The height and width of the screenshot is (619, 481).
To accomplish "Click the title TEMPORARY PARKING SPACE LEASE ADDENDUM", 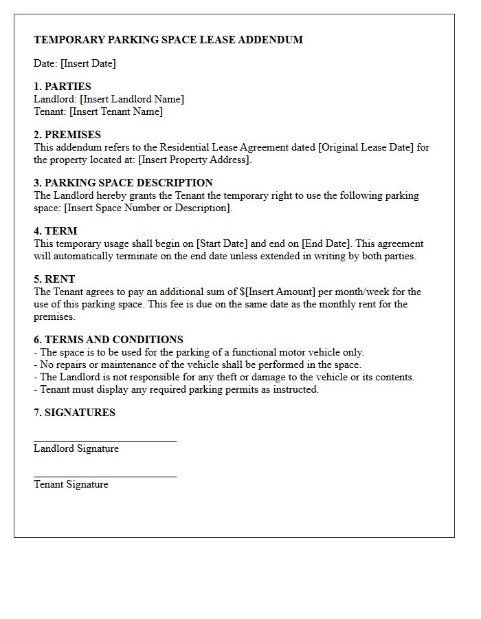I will [x=168, y=40].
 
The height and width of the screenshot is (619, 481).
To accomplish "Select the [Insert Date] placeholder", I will [x=88, y=63].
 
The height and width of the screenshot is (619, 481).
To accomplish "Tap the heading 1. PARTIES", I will [x=63, y=87].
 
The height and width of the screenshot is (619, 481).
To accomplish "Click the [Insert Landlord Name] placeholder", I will [x=132, y=99].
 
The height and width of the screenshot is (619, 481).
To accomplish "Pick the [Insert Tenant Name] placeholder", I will [x=116, y=111].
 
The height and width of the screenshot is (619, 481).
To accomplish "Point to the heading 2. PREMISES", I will [x=67, y=135].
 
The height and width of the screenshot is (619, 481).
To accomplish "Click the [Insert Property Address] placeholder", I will [x=194, y=160].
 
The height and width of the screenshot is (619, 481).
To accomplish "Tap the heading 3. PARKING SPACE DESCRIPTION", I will [x=123, y=183].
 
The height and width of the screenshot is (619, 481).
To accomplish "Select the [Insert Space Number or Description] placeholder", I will [x=148, y=208].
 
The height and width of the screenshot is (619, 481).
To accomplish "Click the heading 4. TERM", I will [x=56, y=231].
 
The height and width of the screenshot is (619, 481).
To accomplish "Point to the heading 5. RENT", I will [x=54, y=279].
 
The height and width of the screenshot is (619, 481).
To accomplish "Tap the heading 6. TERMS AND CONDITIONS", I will [x=108, y=340].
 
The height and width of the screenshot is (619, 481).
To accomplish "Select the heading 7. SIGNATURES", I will [x=74, y=413].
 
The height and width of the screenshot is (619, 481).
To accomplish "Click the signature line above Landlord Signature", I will [x=105, y=440].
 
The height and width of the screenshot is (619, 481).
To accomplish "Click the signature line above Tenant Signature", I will [x=105, y=476].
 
